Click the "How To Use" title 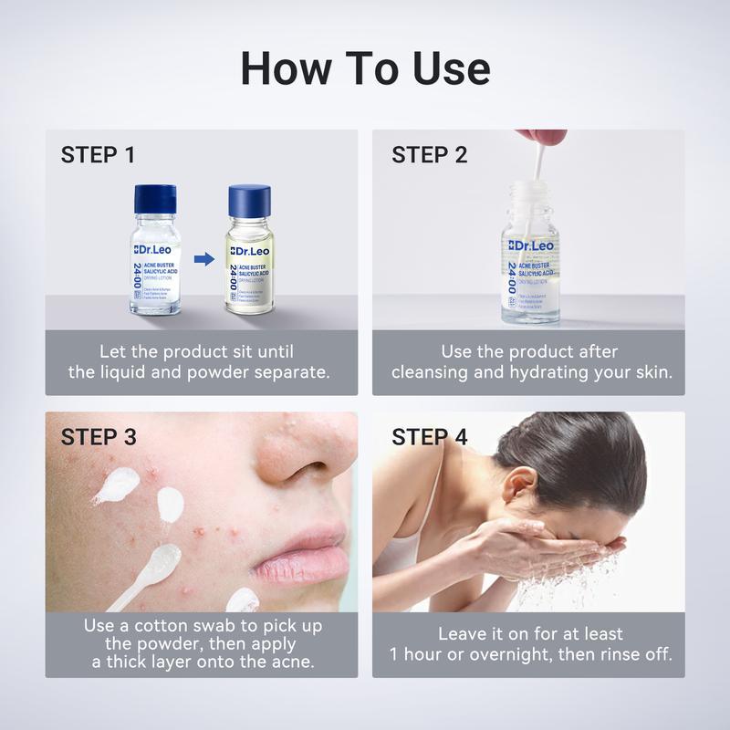click(x=365, y=68)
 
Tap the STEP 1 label click(x=98, y=155)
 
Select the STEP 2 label click(x=429, y=155)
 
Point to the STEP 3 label click(x=99, y=437)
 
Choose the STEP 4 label click(x=430, y=437)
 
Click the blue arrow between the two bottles click(x=203, y=259)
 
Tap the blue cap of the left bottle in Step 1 click(x=155, y=199)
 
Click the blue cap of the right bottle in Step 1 click(x=251, y=199)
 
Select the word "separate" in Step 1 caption click(x=294, y=372)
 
